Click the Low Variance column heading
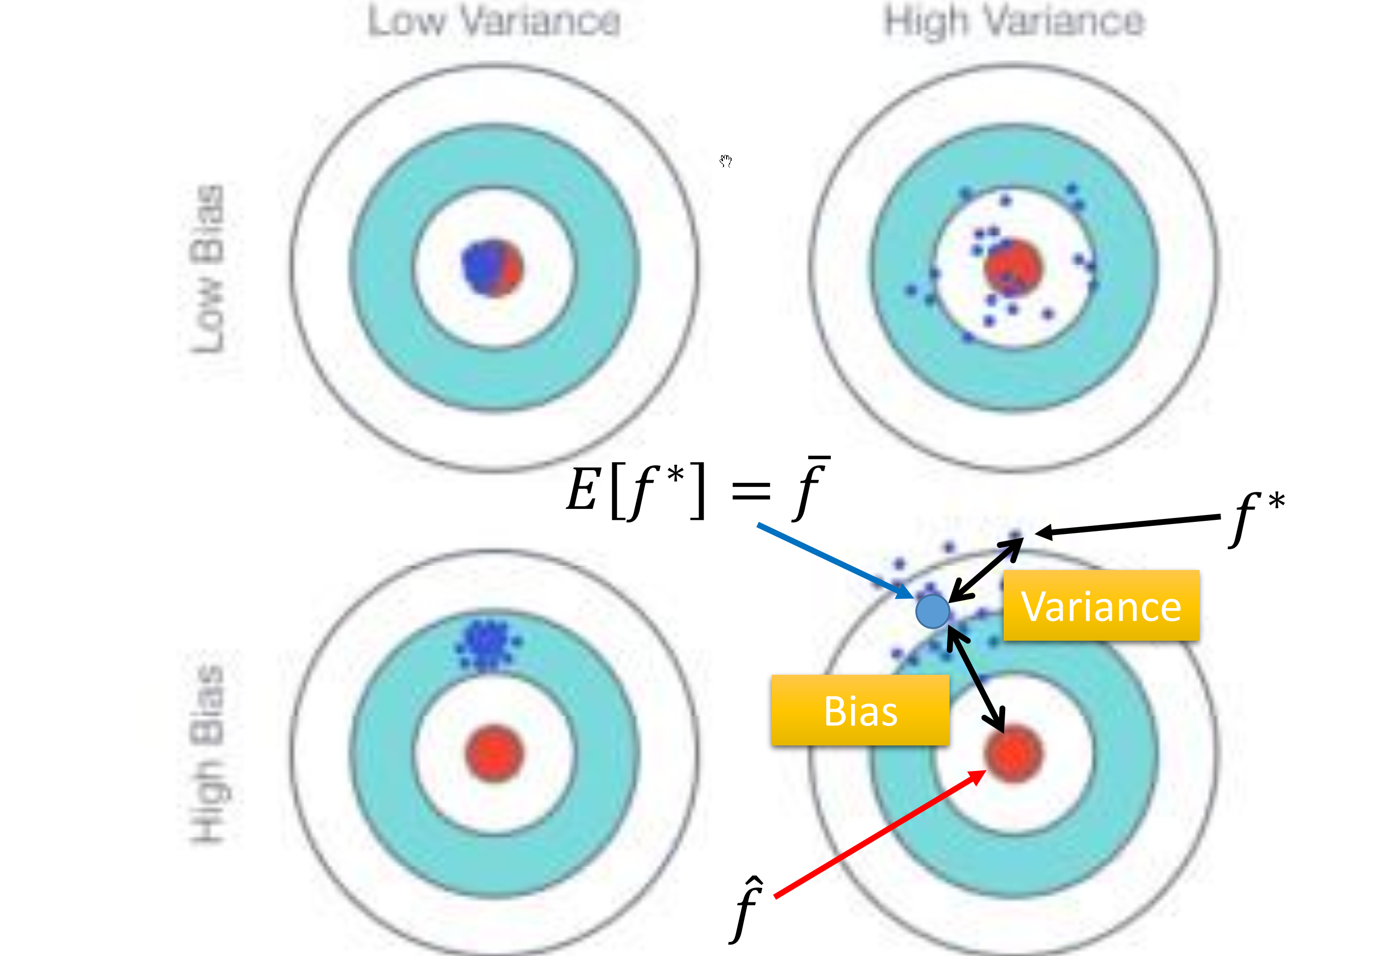494,22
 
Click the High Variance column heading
1014,22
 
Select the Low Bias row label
207,268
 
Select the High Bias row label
207,753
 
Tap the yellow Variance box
1101,606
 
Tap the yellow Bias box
860,710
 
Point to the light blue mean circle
932,612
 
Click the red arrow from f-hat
879,834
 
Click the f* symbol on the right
1255,517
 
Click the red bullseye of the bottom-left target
494,754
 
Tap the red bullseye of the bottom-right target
1014,754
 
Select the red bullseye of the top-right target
1014,267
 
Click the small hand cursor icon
726,161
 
